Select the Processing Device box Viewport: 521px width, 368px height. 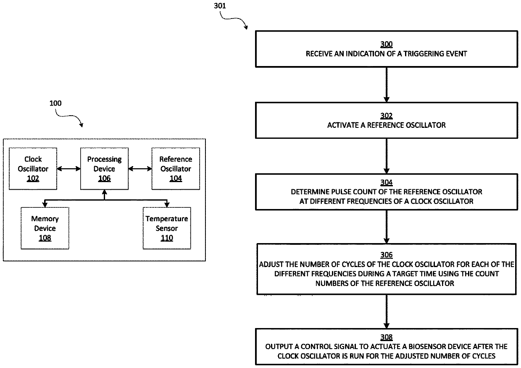[104, 168]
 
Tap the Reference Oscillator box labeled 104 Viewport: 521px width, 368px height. [176, 168]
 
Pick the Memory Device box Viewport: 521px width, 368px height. [45, 228]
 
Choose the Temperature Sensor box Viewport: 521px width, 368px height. [167, 228]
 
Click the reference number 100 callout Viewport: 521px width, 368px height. [56, 103]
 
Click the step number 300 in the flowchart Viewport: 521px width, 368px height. [387, 44]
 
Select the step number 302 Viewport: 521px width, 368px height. [387, 116]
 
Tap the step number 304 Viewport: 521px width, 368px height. [387, 183]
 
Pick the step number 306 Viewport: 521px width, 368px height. [387, 255]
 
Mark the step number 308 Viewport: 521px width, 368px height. [387, 337]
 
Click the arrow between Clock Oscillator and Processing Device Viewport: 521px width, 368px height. [68, 168]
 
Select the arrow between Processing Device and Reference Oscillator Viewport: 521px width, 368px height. [140, 168]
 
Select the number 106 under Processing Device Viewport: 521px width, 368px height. [104, 178]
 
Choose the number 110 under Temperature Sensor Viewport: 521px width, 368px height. [167, 238]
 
